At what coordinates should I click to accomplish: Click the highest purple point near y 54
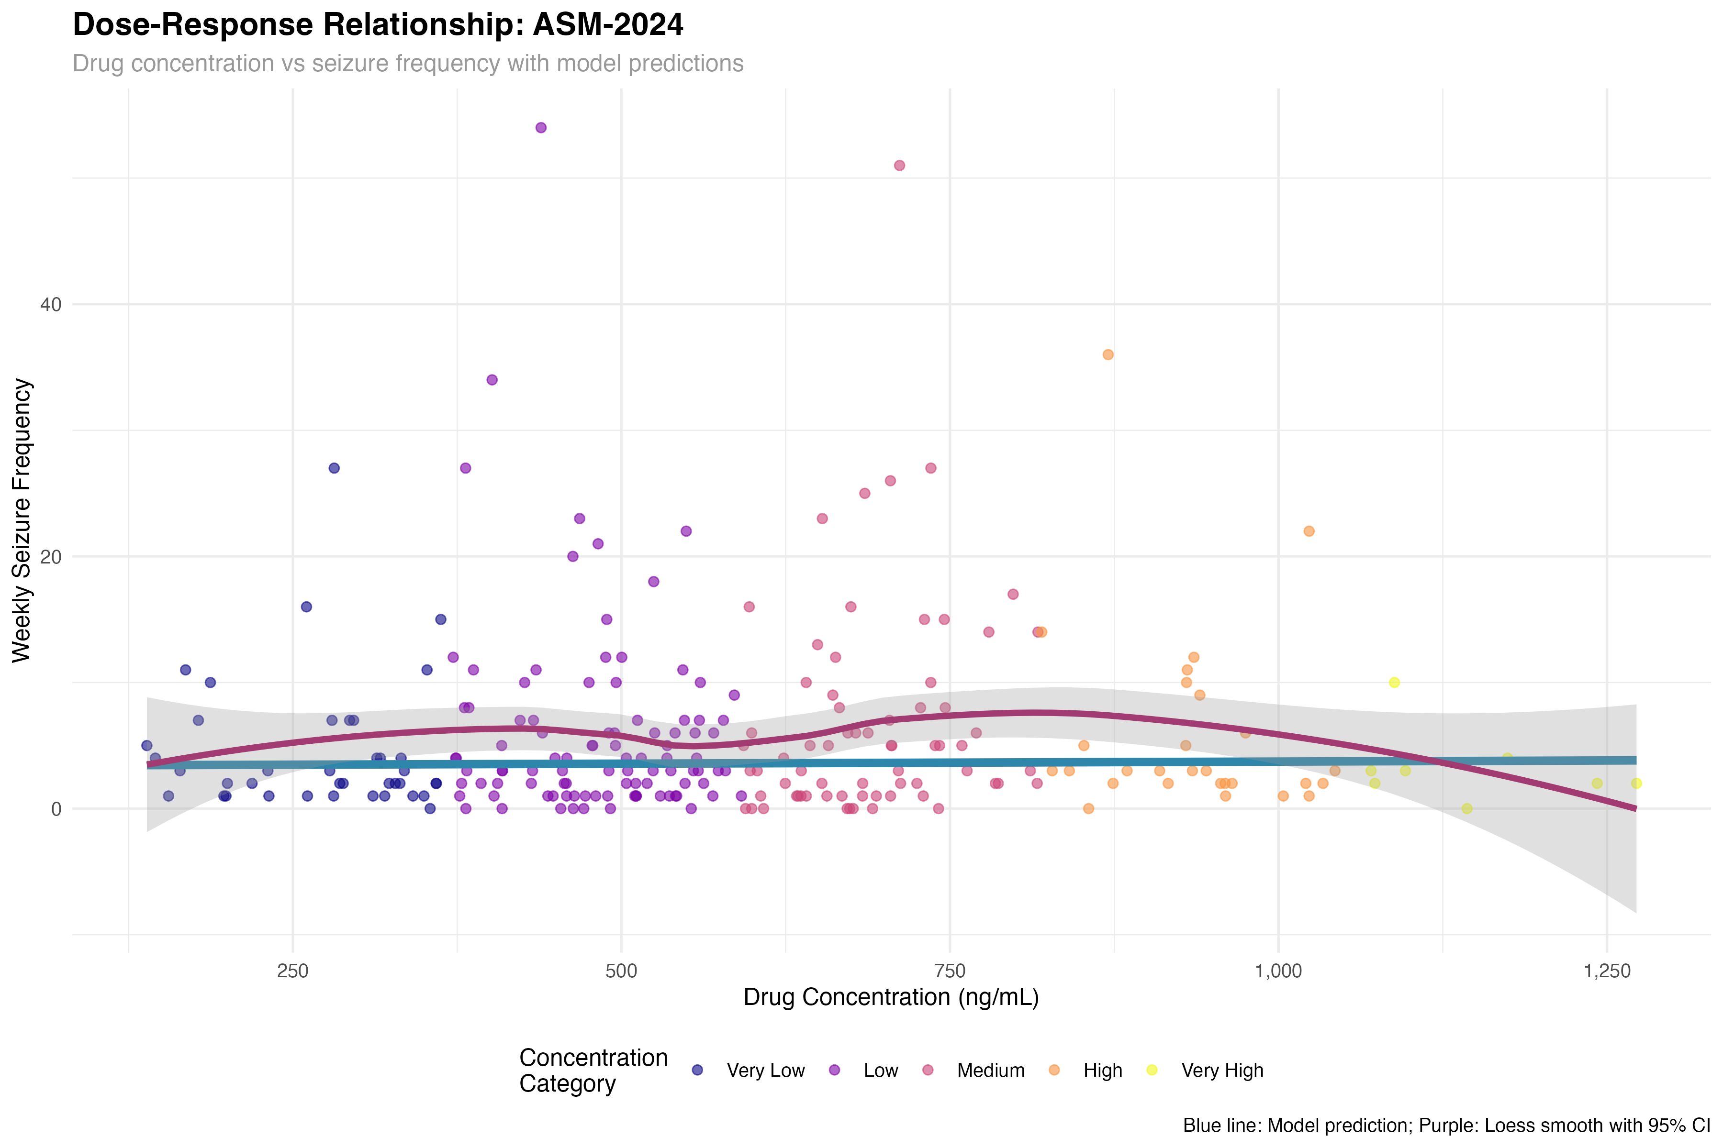[541, 127]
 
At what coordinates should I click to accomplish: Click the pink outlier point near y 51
[900, 166]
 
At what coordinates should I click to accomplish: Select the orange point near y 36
[1108, 354]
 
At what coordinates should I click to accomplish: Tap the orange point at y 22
[1309, 531]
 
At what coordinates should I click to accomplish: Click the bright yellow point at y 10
[1394, 683]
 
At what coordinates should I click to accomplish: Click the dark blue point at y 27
[334, 468]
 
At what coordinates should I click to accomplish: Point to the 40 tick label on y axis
[51, 305]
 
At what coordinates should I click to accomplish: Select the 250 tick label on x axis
[292, 971]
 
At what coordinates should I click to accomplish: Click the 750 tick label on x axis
[950, 971]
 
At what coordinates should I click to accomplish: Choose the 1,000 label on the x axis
[1278, 971]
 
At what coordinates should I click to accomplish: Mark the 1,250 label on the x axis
[1607, 971]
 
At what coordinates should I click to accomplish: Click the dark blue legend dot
[697, 1070]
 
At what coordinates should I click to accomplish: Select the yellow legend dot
[1152, 1070]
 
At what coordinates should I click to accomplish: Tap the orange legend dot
[1054, 1070]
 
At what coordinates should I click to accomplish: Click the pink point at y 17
[1013, 594]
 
